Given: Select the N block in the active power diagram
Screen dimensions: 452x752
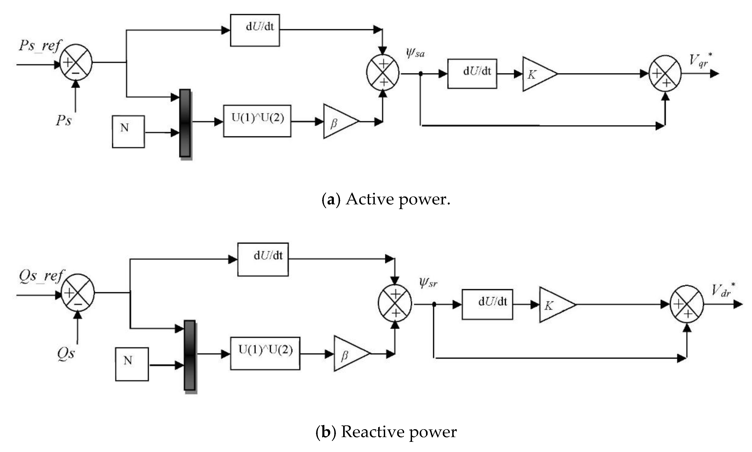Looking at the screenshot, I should point(128,131).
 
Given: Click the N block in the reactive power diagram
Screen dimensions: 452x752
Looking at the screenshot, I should point(132,364).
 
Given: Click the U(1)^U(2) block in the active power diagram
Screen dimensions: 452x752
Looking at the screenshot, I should point(257,121).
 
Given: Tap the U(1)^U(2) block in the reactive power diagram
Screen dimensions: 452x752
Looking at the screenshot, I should point(265,353).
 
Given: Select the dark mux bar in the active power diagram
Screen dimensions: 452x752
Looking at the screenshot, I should point(185,123).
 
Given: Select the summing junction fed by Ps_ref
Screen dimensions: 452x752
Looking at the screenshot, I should point(76,62).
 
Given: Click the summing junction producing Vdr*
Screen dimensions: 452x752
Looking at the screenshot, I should point(687,304).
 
